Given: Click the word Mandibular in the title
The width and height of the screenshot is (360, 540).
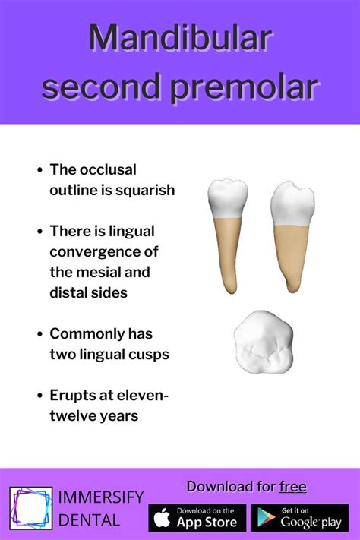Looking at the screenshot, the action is pos(181,37).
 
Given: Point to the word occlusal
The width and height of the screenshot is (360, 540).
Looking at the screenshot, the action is pos(109,169).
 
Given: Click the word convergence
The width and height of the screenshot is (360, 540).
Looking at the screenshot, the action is pos(104,252).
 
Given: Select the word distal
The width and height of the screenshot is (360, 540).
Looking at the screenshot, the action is pos(67,292).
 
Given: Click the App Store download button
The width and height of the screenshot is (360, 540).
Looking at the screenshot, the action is pos(197,518).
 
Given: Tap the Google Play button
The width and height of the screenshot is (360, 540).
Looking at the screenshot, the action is pos(300,518).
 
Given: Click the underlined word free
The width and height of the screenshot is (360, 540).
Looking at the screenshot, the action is pos(293,487).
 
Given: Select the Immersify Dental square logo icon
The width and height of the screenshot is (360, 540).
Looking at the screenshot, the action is pos(30,508).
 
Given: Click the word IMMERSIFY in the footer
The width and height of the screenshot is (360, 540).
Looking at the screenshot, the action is pos(100,497).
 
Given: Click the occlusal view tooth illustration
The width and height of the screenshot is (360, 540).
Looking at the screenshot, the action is pos(264,342).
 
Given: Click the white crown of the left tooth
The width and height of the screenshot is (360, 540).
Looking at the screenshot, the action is pos(228,199).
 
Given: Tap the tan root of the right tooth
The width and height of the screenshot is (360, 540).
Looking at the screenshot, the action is pos(292,255).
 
